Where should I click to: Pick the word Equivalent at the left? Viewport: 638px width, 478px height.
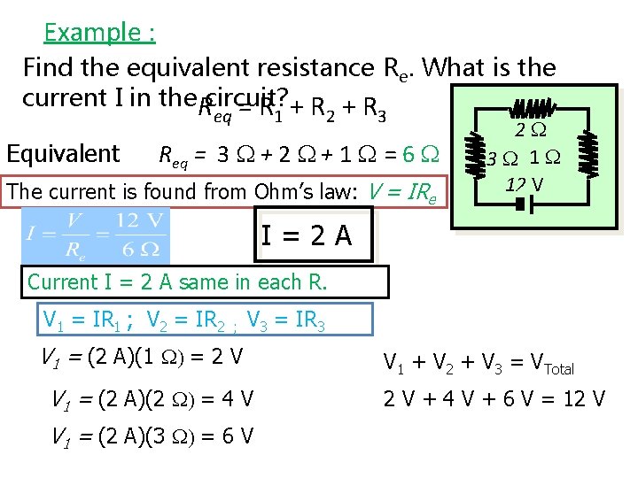pyautogui.click(x=62, y=153)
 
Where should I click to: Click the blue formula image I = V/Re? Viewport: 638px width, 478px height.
pyautogui.click(x=95, y=235)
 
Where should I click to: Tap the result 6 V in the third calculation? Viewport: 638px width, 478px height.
pyautogui.click(x=237, y=436)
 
